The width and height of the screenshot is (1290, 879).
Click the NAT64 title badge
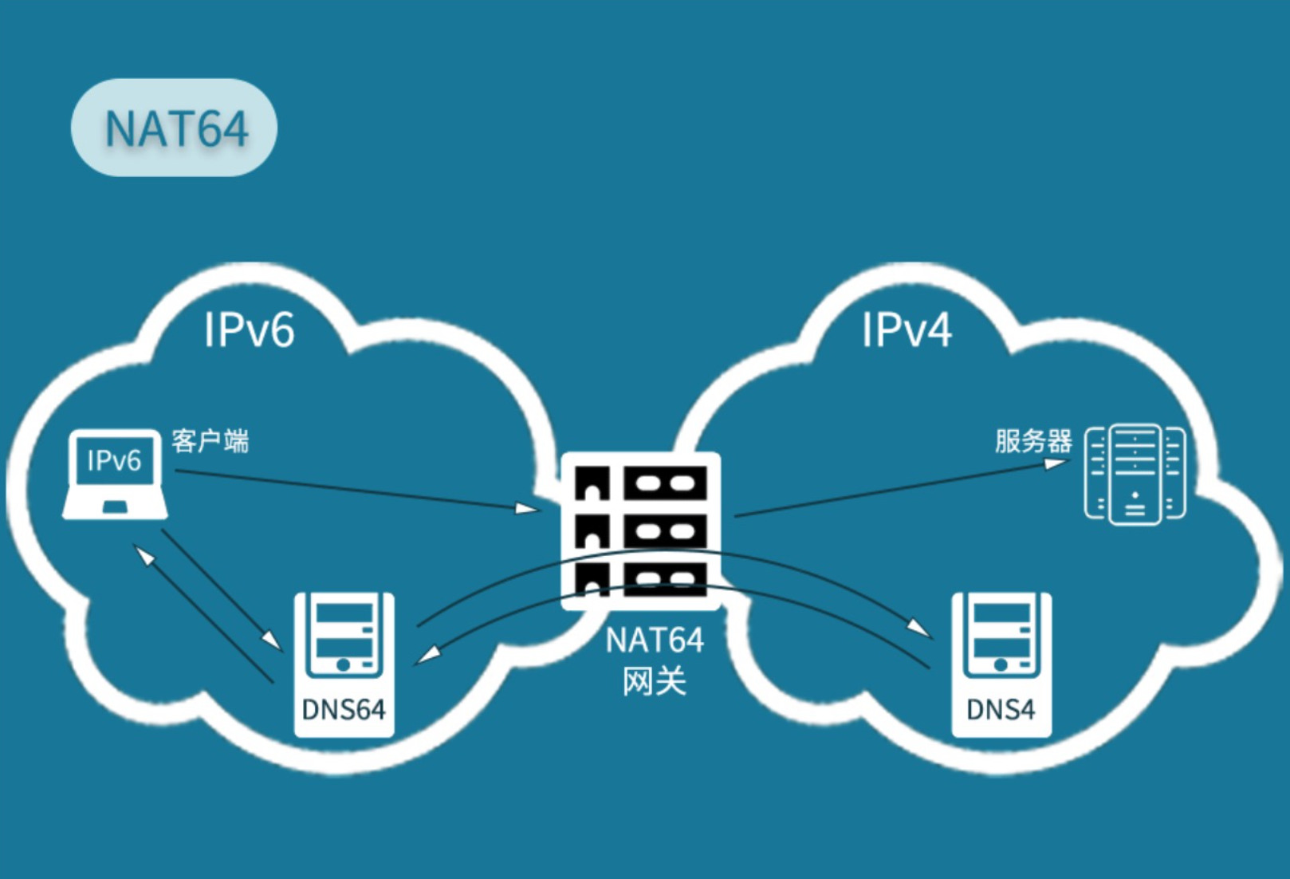[174, 128]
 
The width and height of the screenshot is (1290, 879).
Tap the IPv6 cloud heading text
[249, 329]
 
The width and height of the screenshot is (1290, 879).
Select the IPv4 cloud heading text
[907, 329]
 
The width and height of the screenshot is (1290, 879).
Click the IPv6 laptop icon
[115, 475]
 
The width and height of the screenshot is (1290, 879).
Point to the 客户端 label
[210, 441]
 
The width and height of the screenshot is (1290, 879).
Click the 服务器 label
[1033, 441]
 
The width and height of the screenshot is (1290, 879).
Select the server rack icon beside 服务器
[1135, 475]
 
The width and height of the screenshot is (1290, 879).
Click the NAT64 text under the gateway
[655, 641]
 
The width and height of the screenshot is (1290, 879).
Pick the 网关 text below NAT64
[655, 681]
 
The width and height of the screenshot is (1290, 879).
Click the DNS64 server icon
[344, 638]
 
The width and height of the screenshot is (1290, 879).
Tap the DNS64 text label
[344, 709]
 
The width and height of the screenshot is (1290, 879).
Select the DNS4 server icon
[1001, 638]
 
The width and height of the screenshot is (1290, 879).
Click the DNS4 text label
[1001, 709]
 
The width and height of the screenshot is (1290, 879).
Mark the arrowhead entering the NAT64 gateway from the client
[528, 508]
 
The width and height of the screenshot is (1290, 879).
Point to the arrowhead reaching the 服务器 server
[1056, 463]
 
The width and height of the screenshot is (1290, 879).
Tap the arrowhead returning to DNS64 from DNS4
[429, 655]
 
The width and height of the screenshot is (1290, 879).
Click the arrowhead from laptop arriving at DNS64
[272, 640]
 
